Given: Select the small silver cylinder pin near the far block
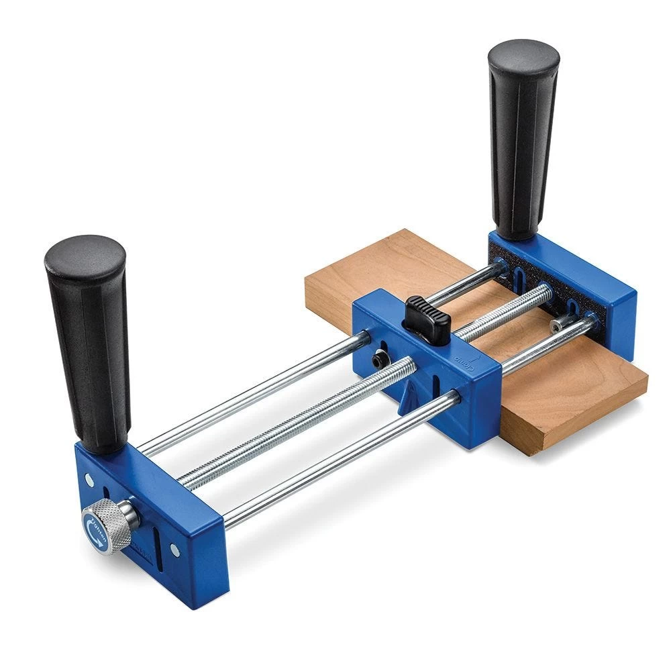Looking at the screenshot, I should (561, 325).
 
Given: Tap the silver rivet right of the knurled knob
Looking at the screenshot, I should (175, 550).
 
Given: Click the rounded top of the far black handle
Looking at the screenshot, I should (523, 54).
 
